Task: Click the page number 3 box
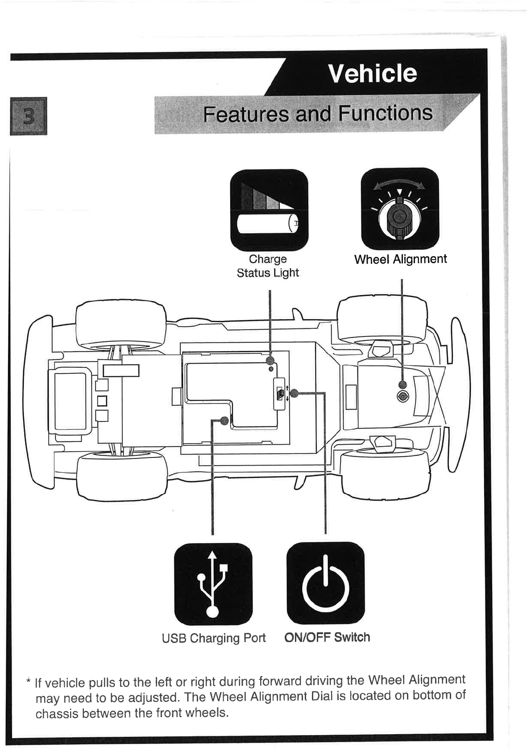pyautogui.click(x=28, y=116)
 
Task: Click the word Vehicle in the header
pyautogui.click(x=372, y=74)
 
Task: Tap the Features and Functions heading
pyautogui.click(x=317, y=113)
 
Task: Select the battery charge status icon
pyautogui.click(x=269, y=210)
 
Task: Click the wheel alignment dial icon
pyautogui.click(x=399, y=209)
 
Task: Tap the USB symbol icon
pyautogui.click(x=213, y=584)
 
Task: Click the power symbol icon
pyautogui.click(x=325, y=583)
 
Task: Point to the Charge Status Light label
pyautogui.click(x=268, y=266)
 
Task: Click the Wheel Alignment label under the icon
pyautogui.click(x=400, y=259)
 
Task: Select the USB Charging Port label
pyautogui.click(x=214, y=638)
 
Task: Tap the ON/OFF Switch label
pyautogui.click(x=327, y=637)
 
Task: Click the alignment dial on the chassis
pyautogui.click(x=402, y=396)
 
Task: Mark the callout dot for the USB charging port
pyautogui.click(x=224, y=420)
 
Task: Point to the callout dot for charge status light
pyautogui.click(x=270, y=360)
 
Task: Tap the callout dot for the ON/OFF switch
pyautogui.click(x=294, y=393)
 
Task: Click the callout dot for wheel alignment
pyautogui.click(x=402, y=384)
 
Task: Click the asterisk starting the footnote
pyautogui.click(x=29, y=682)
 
